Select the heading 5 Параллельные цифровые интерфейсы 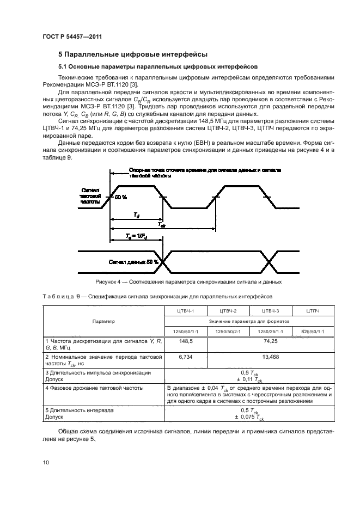click(132, 54)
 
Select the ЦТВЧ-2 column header click(227, 311)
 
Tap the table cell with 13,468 click(270, 357)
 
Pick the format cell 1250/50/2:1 click(227, 331)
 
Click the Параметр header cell click(103, 321)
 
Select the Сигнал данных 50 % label click(133, 262)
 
